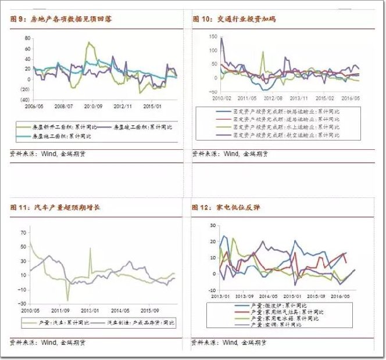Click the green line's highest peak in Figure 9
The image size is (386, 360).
pos(88,42)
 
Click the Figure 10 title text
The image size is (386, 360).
pos(235,19)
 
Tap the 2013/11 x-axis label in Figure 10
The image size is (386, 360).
pos(299,99)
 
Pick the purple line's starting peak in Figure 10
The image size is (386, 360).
pos(221,38)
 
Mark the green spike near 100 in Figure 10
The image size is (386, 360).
pos(262,52)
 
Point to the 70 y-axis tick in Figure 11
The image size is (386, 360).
pos(23,232)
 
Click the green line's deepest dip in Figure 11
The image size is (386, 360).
pos(67,301)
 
